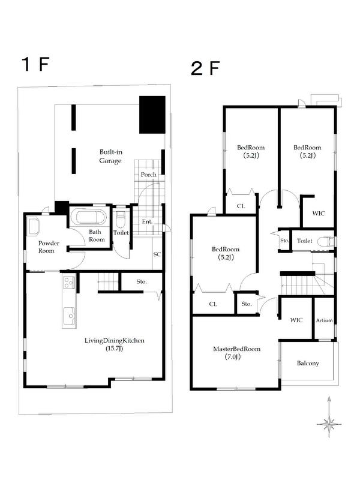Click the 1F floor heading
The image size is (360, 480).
tap(35, 64)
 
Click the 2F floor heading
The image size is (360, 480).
tap(205, 68)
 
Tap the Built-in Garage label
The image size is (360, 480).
tap(110, 156)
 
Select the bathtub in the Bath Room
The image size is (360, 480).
tap(88, 217)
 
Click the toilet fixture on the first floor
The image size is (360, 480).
tap(121, 218)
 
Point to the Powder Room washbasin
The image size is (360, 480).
tap(33, 227)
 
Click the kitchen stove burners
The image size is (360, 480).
tap(68, 283)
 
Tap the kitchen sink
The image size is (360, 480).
tap(69, 316)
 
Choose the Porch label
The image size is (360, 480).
tap(148, 175)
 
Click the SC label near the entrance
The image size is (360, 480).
tap(157, 254)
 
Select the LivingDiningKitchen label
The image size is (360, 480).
tap(114, 344)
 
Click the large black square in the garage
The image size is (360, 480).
tap(152, 115)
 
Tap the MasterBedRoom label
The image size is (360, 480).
tap(236, 352)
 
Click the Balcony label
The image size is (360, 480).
tap(308, 364)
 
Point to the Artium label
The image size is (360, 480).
tap(324, 320)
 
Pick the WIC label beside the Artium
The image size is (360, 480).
tap(296, 320)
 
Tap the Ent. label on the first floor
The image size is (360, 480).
tap(147, 221)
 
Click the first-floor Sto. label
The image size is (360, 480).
tap(142, 281)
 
